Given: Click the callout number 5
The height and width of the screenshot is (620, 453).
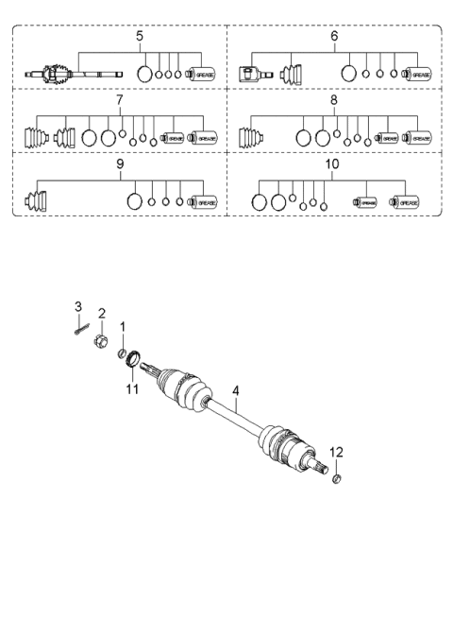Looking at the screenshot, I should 140,36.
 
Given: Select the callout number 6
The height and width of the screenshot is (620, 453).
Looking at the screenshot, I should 334,36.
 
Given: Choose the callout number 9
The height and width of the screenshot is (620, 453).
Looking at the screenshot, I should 120,164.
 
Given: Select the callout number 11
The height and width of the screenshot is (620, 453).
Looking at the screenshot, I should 132,387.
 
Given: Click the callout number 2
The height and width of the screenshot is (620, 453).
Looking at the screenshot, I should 102,312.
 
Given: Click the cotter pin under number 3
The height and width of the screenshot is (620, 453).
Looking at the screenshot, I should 81,327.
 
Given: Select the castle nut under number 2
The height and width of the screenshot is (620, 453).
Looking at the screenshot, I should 103,341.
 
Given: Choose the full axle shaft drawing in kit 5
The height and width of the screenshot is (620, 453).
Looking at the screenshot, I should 70,73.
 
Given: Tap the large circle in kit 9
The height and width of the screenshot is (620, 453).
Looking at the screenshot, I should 134,200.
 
